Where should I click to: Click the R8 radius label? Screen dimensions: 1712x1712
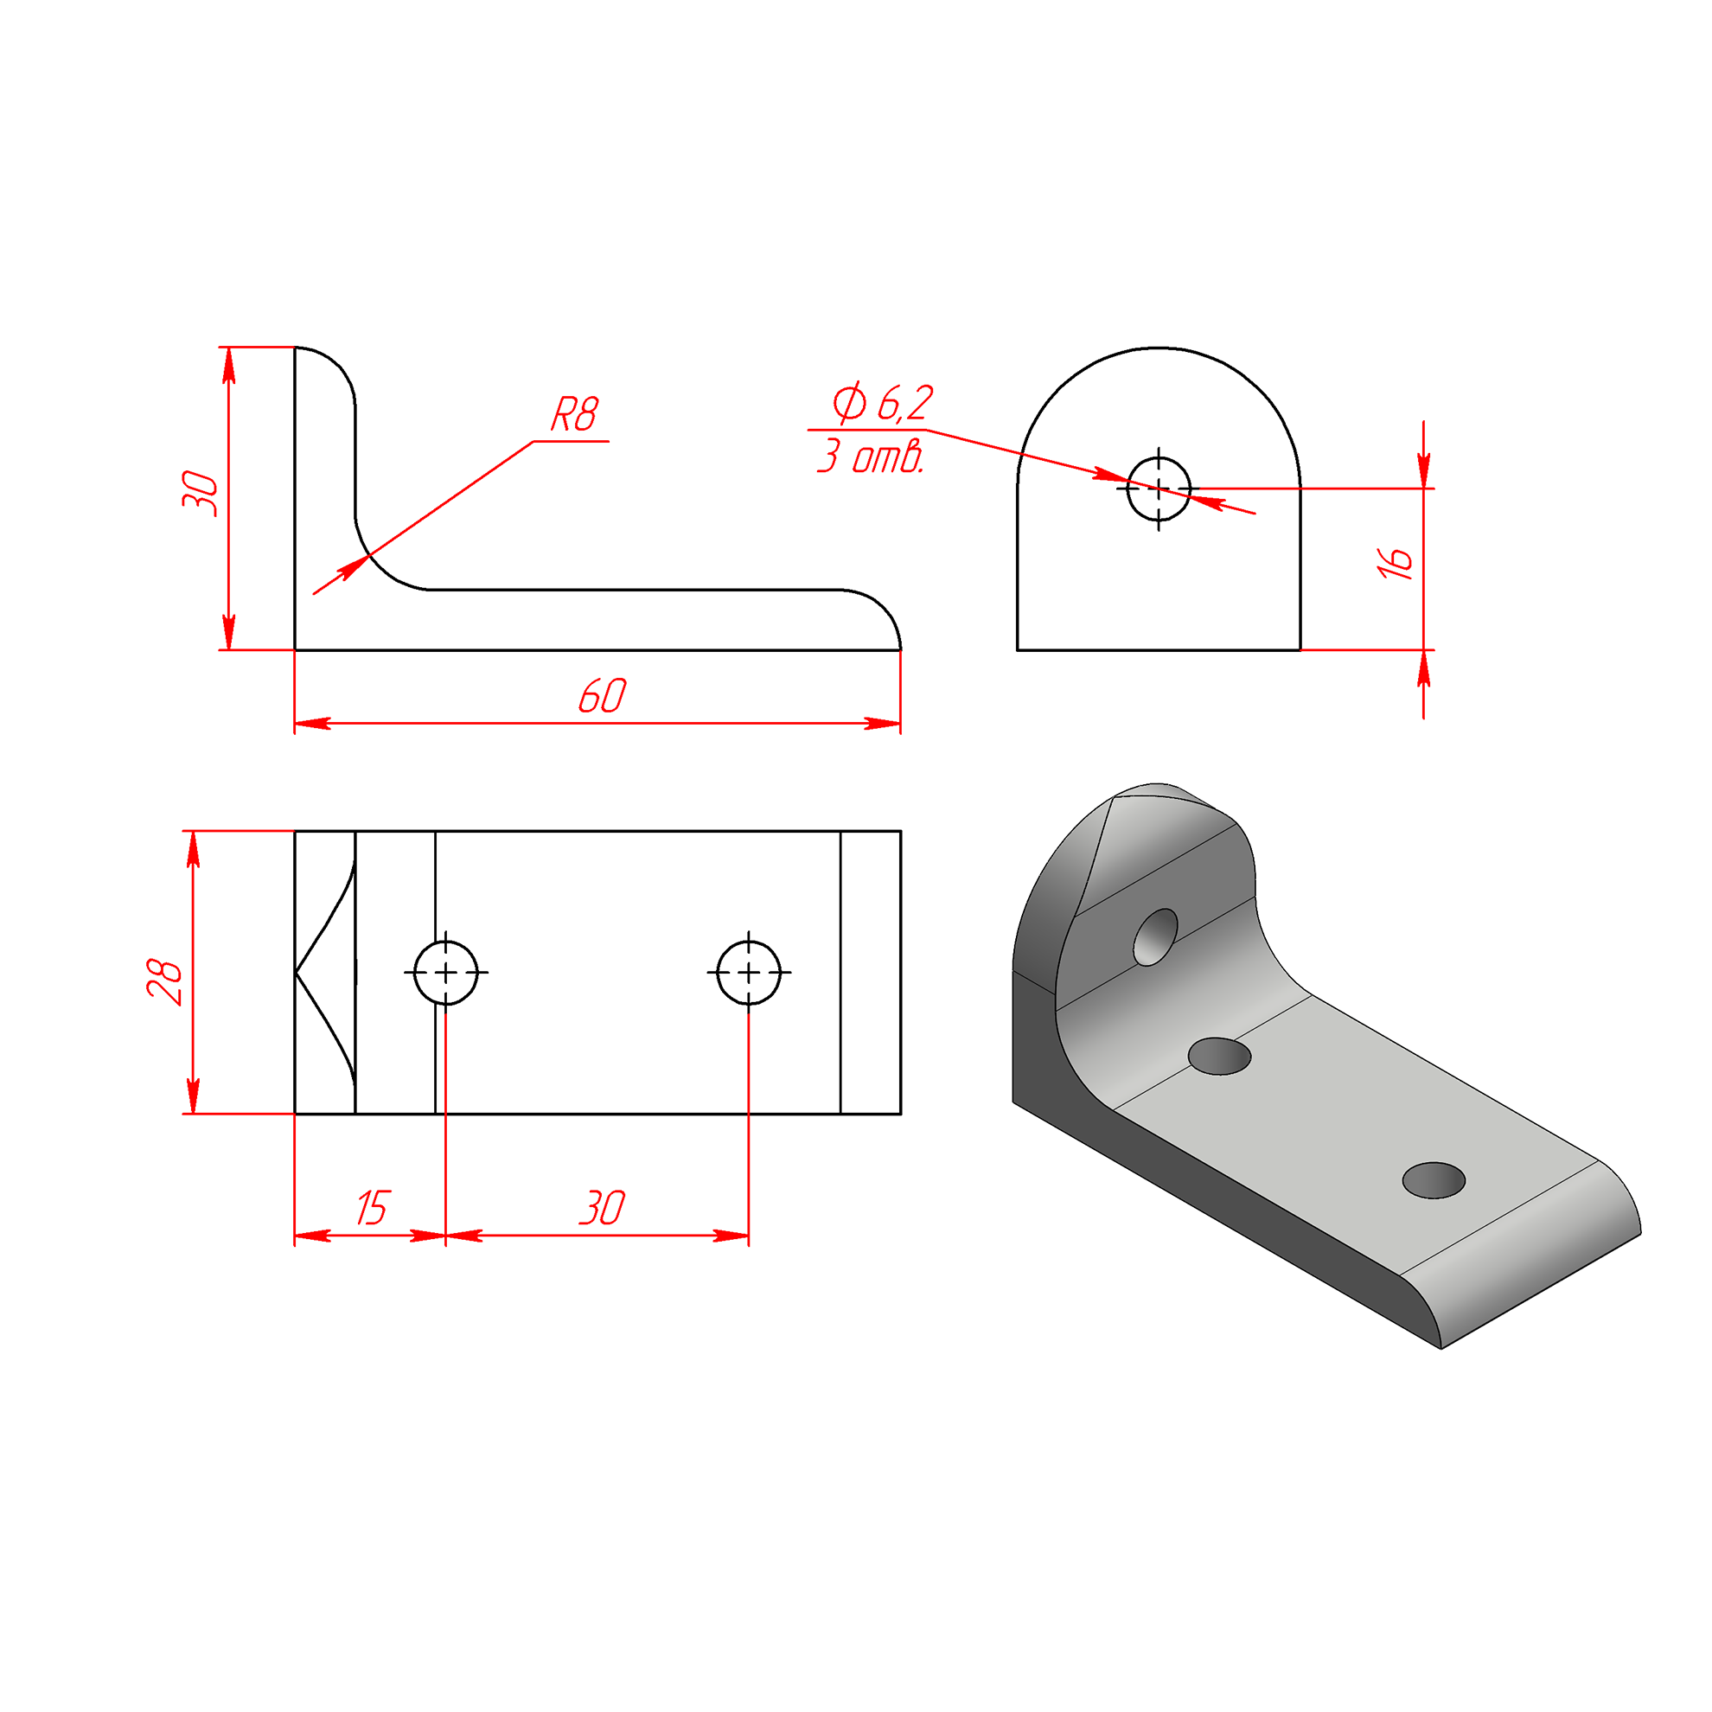[x=575, y=414]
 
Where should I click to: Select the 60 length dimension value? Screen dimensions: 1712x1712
[x=602, y=696]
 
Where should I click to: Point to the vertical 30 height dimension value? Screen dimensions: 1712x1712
[x=200, y=495]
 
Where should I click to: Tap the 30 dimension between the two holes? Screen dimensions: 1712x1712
[x=602, y=1208]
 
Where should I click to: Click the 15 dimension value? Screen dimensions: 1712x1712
[x=372, y=1208]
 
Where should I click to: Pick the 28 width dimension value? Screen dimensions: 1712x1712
[x=165, y=981]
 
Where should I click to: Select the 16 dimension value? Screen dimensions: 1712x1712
[x=1394, y=562]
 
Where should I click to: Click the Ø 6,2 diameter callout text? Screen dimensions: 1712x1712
[x=883, y=402]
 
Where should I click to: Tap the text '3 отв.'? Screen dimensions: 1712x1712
[x=870, y=457]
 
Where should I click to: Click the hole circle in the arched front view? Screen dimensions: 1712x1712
[x=1159, y=489]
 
